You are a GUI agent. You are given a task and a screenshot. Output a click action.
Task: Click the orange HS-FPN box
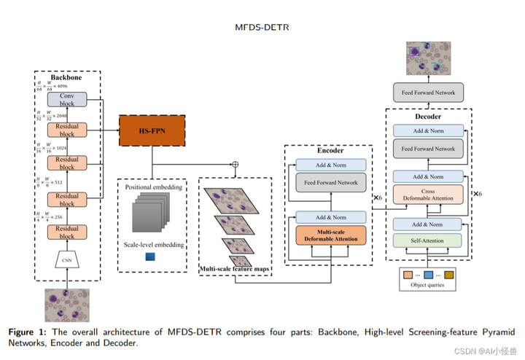[153, 130]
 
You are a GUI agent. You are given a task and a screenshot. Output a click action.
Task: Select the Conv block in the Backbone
[67, 99]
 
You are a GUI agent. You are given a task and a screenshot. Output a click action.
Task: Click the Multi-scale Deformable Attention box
[331, 234]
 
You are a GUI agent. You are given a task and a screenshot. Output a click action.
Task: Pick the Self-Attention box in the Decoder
[428, 240]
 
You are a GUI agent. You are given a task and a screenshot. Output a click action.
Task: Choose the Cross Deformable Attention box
[428, 195]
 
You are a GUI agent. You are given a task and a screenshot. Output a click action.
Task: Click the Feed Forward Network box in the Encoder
[331, 183]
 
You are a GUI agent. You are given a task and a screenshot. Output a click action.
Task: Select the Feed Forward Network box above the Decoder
[428, 93]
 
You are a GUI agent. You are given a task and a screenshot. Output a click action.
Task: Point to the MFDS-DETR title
[262, 28]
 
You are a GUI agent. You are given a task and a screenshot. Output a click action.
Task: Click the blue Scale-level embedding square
[151, 256]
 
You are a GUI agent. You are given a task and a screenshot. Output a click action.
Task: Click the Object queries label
[428, 286]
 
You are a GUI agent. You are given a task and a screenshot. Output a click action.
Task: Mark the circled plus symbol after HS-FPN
[235, 163]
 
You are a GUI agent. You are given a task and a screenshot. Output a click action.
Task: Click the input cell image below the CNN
[66, 305]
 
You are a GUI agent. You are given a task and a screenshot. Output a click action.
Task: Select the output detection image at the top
[428, 58]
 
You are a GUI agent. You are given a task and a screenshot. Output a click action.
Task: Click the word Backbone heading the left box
[67, 77]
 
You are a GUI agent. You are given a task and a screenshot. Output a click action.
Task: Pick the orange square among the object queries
[406, 275]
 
